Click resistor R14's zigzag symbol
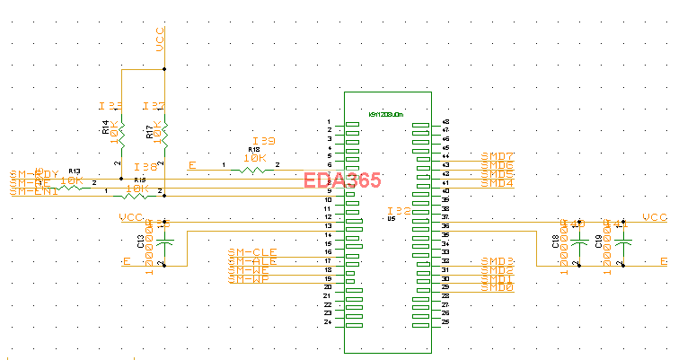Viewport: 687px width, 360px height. pos(120,135)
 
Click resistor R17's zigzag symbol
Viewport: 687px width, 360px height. pos(163,135)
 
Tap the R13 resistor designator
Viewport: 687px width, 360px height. pos(75,171)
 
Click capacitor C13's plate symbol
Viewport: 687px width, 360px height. pos(164,242)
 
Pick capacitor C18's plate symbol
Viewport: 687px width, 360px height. pos(579,242)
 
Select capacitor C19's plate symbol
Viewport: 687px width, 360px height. pos(624,242)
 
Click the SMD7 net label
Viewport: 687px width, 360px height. pos(498,156)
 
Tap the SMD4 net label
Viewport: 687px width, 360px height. pos(498,183)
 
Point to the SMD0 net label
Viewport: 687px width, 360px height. pos(498,287)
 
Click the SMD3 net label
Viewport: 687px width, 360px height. pos(498,260)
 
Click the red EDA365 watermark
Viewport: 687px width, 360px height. pos(343,180)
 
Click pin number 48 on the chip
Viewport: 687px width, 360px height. pos(445,122)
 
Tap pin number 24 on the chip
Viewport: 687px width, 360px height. pos(328,321)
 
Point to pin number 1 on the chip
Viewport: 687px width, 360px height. pos(329,122)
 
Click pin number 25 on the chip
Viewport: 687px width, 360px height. pos(445,321)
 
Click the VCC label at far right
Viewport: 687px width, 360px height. pos(656,217)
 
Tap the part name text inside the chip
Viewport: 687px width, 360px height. pos(388,114)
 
